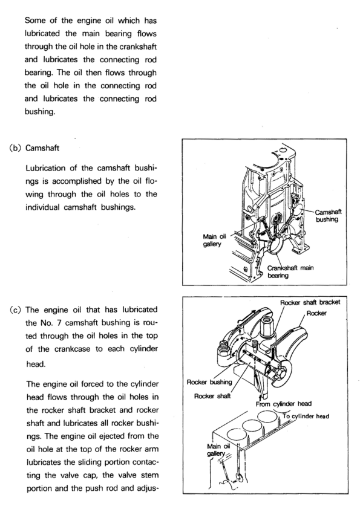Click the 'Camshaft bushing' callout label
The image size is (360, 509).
point(328,216)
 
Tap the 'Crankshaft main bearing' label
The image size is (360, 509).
point(290,271)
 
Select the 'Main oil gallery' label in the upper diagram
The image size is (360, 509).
point(214,240)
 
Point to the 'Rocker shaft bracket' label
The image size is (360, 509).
point(310,302)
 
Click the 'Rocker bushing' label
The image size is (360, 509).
point(209,382)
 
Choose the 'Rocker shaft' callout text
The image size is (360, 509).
point(212,396)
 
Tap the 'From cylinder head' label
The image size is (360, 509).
point(283,404)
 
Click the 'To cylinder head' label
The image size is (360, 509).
point(306,416)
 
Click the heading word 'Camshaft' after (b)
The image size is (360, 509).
point(42,148)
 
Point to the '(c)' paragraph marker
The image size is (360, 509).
point(15,310)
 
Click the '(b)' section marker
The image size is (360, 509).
point(15,148)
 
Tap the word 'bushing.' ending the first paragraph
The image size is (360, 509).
point(40,112)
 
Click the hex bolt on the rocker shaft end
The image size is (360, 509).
point(282,372)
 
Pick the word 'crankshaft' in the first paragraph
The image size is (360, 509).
point(138,47)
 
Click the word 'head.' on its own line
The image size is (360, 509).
point(36,365)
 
